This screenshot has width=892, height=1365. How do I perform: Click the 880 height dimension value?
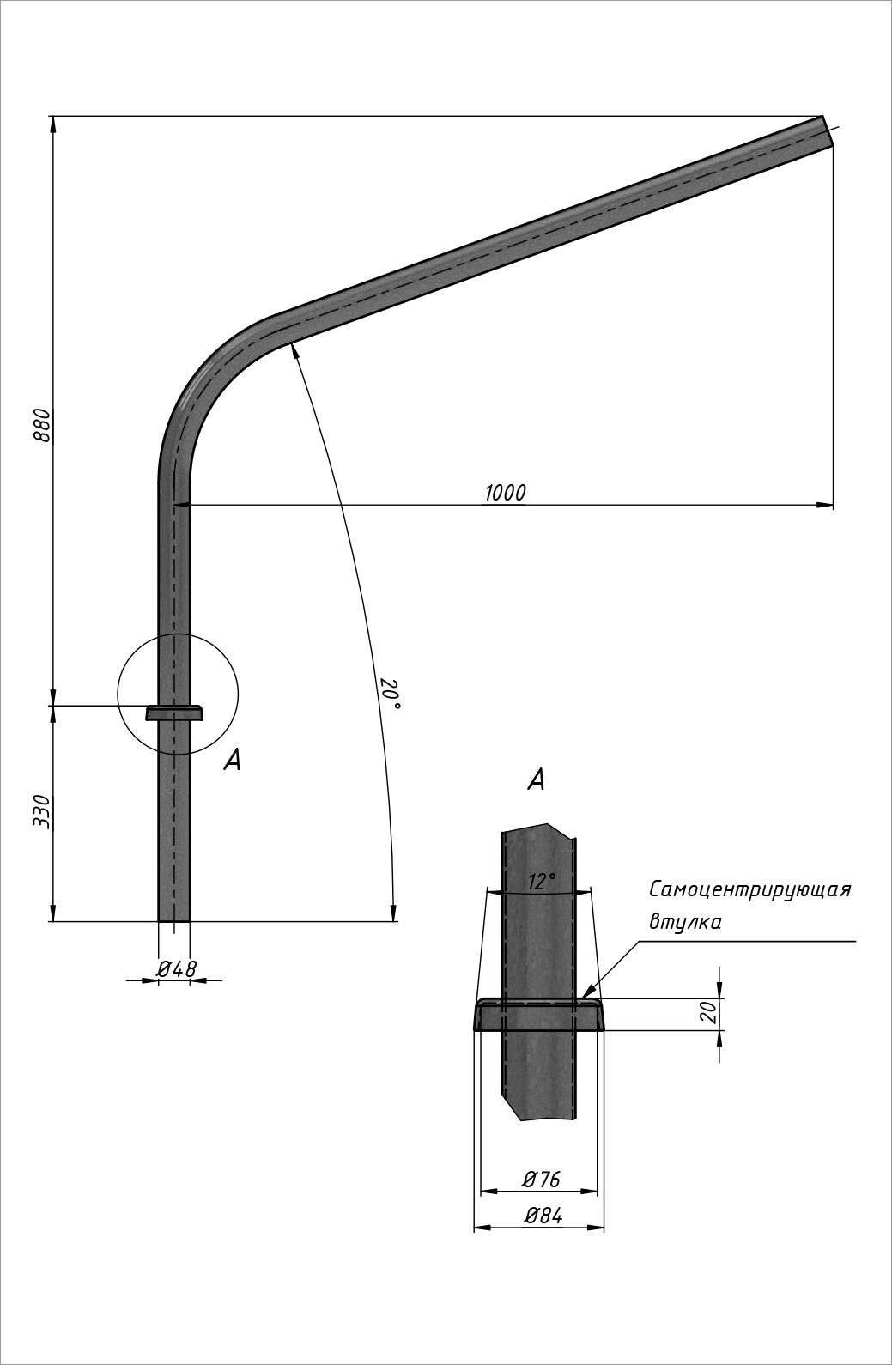42,425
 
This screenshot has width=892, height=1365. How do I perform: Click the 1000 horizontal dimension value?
505,493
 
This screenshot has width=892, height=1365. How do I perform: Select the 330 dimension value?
42,811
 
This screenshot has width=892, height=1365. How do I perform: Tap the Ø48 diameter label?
176,968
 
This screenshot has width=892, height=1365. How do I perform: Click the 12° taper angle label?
541,881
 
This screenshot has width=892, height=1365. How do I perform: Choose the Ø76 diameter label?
541,1180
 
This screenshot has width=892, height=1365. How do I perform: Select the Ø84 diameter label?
542,1216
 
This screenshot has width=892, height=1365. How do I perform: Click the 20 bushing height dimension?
708,1013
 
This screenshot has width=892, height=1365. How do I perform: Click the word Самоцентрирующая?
749,889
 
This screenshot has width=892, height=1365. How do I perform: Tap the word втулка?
684,923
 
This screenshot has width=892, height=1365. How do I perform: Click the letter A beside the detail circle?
232,759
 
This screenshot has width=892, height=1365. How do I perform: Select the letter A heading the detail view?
536,780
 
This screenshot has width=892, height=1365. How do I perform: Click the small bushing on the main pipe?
174,713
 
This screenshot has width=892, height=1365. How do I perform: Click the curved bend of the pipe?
206,378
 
